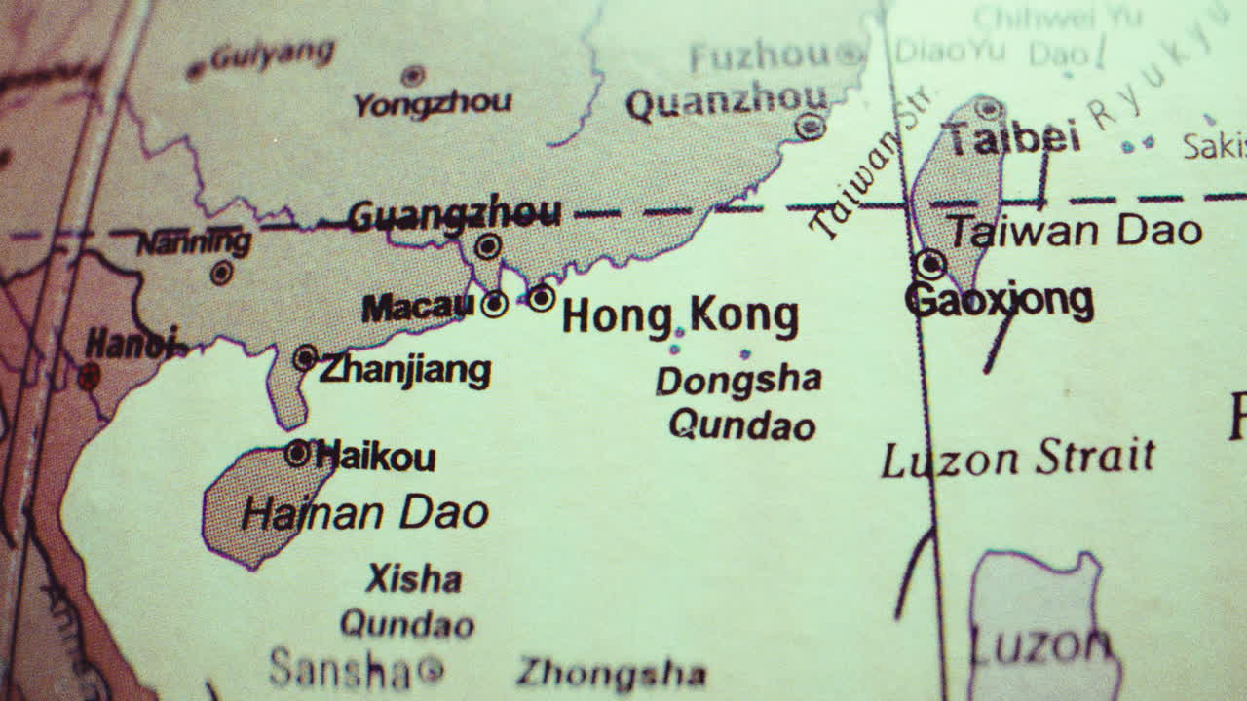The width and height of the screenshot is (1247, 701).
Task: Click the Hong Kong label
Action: (x=680, y=316)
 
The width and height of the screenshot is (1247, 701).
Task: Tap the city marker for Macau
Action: (x=495, y=304)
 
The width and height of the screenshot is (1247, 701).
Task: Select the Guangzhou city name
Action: (x=454, y=214)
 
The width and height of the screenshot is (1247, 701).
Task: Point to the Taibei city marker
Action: (x=989, y=107)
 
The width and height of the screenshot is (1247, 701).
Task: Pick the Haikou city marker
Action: (x=297, y=452)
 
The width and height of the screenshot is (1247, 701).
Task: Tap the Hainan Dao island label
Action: (x=364, y=513)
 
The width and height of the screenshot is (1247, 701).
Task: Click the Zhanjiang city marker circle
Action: (x=306, y=358)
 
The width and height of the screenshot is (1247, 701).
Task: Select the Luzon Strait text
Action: (x=1018, y=459)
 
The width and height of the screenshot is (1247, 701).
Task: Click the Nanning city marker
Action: (x=221, y=273)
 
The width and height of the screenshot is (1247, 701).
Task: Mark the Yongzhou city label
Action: (x=432, y=102)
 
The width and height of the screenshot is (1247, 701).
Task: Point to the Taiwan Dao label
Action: (x=1076, y=232)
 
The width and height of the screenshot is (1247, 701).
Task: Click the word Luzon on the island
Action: (x=1040, y=646)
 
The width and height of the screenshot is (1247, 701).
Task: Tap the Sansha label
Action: (x=341, y=669)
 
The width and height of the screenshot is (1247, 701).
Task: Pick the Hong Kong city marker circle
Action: (x=542, y=297)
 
